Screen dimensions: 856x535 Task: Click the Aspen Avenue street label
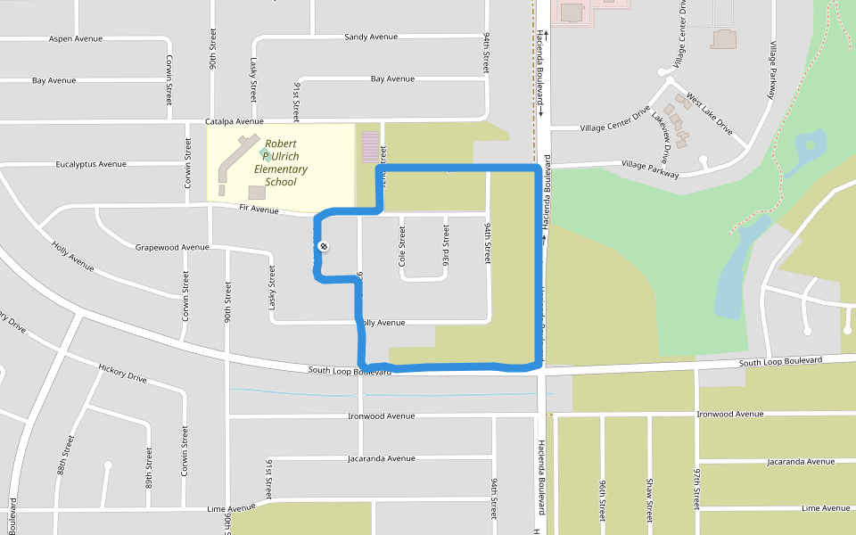pos(76,39)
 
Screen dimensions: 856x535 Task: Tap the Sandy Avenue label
pos(371,37)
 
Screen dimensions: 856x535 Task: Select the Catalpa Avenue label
pos(235,121)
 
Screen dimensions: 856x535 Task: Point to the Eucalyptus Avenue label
pos(91,165)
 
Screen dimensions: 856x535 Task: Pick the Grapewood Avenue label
pos(172,247)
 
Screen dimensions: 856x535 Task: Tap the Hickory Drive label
pos(122,373)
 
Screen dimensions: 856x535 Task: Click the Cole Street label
pos(402,247)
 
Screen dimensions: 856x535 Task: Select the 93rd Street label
pos(446,247)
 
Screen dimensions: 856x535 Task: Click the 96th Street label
pos(604,499)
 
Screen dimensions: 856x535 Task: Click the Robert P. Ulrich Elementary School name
pos(281,163)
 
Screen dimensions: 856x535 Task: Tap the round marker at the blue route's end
pos(323,246)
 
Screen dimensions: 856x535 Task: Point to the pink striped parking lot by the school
pos(369,147)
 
